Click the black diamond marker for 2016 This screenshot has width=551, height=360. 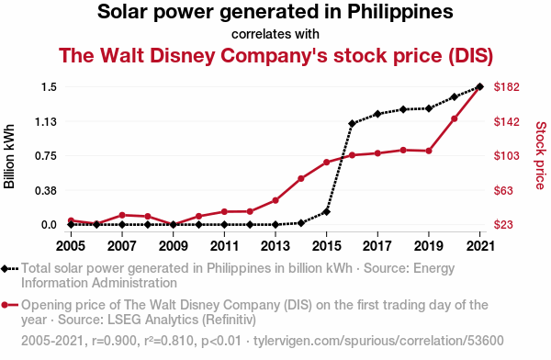[352, 123]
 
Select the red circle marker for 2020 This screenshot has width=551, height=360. [455, 118]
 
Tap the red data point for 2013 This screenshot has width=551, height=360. [275, 200]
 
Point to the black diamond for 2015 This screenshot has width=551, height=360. [326, 212]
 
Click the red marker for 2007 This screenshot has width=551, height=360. [122, 215]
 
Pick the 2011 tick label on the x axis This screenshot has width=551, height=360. [224, 246]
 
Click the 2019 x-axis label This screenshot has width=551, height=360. [429, 246]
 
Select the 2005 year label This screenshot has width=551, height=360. [71, 246]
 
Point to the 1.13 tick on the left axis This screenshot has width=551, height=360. [46, 121]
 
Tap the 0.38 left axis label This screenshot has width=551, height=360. [46, 190]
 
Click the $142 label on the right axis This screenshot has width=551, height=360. [506, 121]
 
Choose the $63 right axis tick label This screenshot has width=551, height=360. [503, 190]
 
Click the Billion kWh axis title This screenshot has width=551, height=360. [9, 156]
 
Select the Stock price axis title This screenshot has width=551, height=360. [541, 155]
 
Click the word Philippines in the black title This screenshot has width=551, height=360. [400, 12]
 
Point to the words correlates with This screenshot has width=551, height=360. [275, 34]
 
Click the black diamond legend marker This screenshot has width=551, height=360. [5, 268]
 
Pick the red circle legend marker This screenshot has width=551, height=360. [5, 305]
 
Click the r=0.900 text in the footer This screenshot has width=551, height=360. [114, 341]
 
